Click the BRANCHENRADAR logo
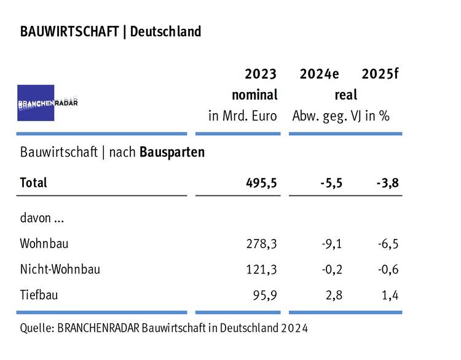tap(48, 103)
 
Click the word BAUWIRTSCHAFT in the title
tap(69, 31)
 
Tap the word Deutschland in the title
tap(166, 31)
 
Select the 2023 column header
tap(261, 74)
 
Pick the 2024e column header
tap(319, 74)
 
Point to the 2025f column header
tap(380, 74)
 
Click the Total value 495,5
tap(261, 183)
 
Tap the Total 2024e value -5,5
tap(331, 183)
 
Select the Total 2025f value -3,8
tap(387, 183)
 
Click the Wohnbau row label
tap(44, 243)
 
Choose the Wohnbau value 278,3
tap(262, 244)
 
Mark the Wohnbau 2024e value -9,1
tap(332, 244)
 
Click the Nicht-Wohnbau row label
tap(60, 269)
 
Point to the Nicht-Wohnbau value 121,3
tap(262, 270)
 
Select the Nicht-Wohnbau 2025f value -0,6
tap(388, 270)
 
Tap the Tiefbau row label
tap(39, 295)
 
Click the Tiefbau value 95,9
tap(265, 295)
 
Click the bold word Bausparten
tap(172, 152)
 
